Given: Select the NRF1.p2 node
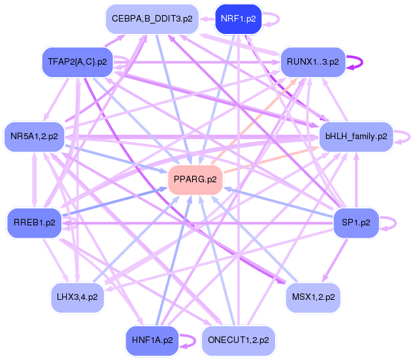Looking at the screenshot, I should [238, 18].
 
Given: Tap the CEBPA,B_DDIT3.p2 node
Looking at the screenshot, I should [152, 19].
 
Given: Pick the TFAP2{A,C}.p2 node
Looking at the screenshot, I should [78, 62].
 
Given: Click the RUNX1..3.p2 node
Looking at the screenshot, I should [312, 62].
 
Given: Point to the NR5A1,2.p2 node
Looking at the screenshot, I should [35, 137].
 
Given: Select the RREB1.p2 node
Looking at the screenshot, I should [35, 223].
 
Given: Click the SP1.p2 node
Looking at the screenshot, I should [356, 223].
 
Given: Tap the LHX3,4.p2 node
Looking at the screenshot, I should [78, 297].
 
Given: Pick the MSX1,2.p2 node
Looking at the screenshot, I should [312, 297].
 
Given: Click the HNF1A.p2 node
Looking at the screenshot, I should [152, 340].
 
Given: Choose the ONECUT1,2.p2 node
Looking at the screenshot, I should [238, 340].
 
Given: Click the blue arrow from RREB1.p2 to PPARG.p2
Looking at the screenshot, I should [111, 203].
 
